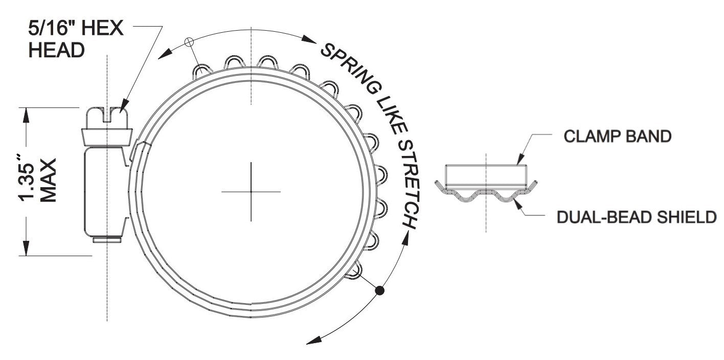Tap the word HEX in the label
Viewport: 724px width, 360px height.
coord(102,28)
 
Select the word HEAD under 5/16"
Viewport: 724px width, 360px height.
coord(57,51)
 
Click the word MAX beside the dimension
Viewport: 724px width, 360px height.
coord(48,181)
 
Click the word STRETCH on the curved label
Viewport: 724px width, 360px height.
coord(409,185)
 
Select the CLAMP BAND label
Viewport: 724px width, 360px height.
coord(617,136)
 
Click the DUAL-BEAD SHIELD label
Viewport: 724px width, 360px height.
coord(637,217)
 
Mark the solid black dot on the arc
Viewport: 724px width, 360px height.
coord(380,290)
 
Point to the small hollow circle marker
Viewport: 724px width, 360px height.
coord(189,41)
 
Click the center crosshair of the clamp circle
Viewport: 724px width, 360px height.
coord(251,192)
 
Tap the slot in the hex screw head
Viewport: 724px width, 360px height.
coord(107,116)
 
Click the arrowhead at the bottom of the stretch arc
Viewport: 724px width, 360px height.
coord(314,340)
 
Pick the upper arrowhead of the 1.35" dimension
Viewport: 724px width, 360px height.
coord(26,115)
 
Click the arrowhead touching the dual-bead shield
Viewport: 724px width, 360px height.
coord(518,204)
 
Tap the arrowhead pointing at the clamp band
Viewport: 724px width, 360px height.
coord(521,159)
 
